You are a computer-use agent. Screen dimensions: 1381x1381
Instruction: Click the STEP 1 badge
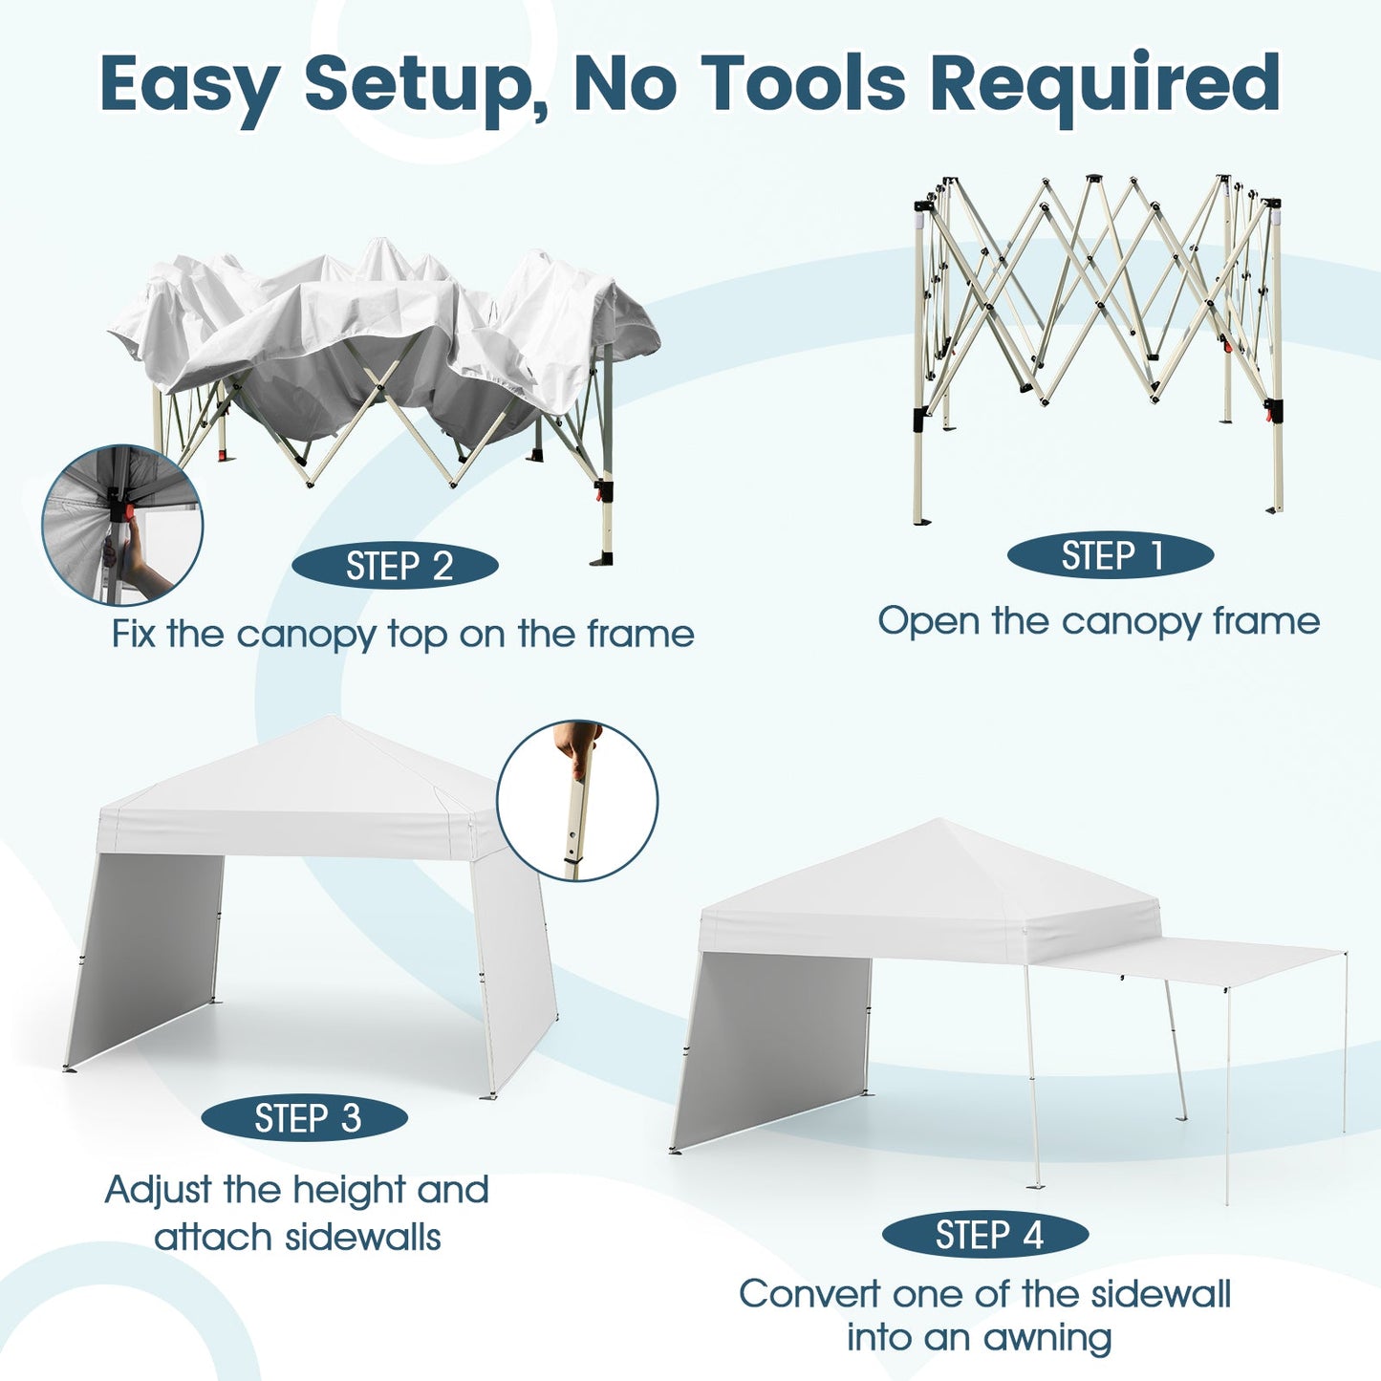(x=1111, y=556)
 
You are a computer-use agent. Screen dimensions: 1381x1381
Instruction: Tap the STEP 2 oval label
(x=395, y=567)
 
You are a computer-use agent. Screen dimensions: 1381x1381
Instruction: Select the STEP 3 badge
(x=305, y=1118)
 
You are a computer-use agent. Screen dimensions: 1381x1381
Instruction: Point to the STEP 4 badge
(x=985, y=1235)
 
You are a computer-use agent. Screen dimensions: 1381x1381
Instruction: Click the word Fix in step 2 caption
(x=133, y=634)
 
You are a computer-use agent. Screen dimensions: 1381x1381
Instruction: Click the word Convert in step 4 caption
(x=809, y=1294)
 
